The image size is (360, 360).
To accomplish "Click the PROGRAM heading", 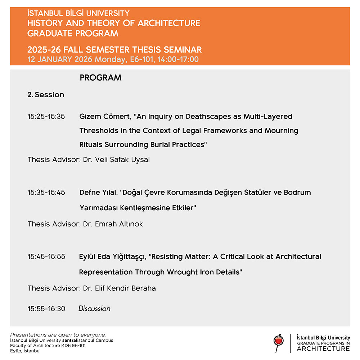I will [x=100, y=78].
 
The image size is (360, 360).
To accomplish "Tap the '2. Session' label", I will [x=46, y=95].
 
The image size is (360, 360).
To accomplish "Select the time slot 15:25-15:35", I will [x=46, y=117].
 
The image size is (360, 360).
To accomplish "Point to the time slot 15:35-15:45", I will [x=46, y=192].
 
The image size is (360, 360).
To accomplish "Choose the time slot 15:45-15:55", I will [x=46, y=257].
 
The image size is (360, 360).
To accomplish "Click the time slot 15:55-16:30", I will [x=46, y=309].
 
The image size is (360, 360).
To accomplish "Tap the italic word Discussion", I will [x=94, y=309].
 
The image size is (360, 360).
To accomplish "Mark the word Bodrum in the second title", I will [x=297, y=192].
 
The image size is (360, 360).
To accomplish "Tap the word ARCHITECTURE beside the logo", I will [x=323, y=348].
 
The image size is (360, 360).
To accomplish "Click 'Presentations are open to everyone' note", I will [x=58, y=335].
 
